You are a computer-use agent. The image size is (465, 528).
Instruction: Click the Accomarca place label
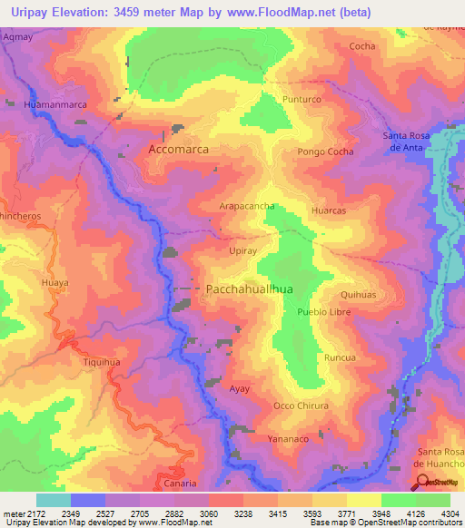coord(178,149)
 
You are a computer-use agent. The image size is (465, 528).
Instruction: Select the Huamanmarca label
coord(54,105)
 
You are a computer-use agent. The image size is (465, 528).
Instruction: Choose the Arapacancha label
coord(247,207)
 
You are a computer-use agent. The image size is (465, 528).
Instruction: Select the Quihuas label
coord(358,295)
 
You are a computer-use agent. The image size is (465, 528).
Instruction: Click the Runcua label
coord(340,357)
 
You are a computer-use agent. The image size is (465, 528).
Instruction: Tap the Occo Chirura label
coord(301,406)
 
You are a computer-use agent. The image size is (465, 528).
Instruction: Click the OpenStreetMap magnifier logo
coord(420,481)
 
